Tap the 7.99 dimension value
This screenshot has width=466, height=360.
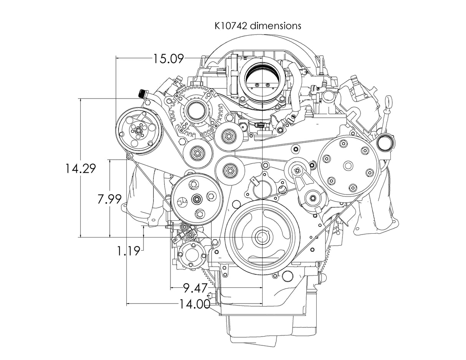point(109,199)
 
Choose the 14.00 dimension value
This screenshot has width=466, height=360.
point(195,304)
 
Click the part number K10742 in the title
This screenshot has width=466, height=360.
point(229,26)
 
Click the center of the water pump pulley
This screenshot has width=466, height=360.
point(348,166)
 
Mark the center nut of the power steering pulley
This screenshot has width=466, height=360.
point(197,199)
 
